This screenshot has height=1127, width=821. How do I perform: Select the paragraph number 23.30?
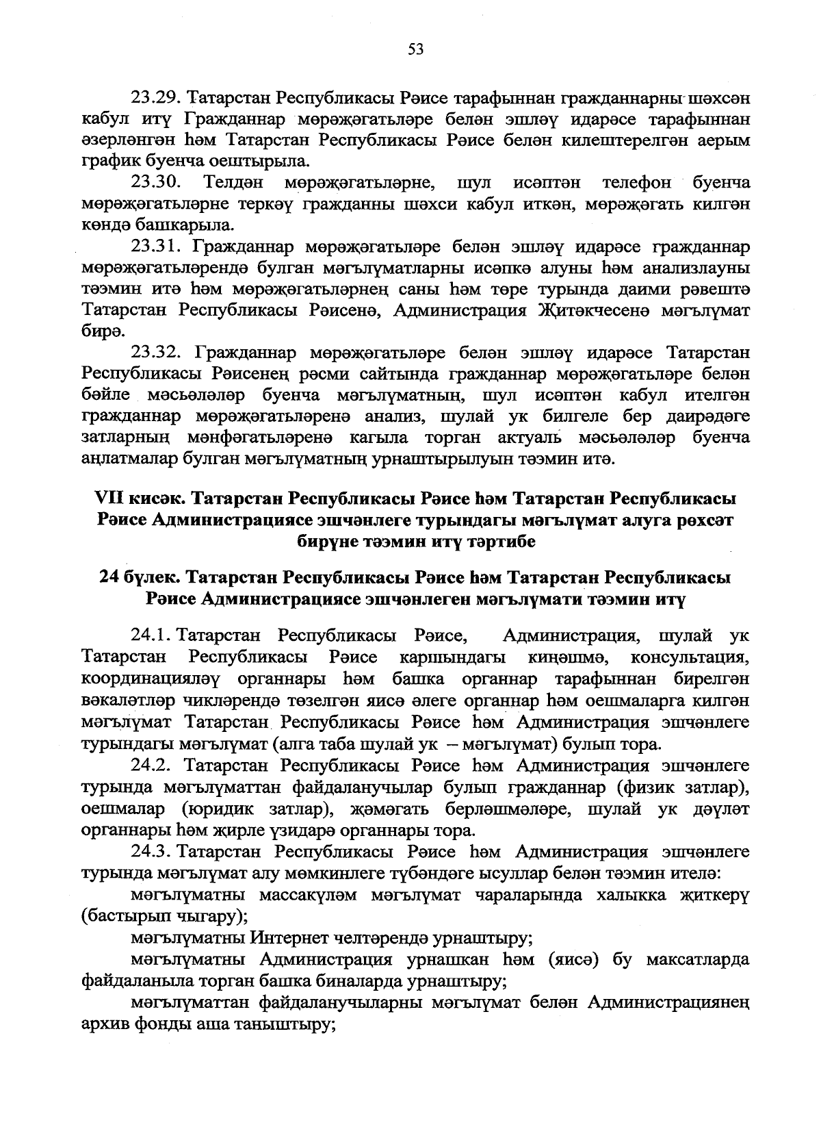coord(155,183)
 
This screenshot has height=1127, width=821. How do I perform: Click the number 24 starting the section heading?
coord(109,578)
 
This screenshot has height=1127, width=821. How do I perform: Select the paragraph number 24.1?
coord(151,637)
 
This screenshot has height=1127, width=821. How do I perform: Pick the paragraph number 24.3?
coord(151,852)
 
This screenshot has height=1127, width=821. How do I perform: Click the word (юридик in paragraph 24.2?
coord(205,809)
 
